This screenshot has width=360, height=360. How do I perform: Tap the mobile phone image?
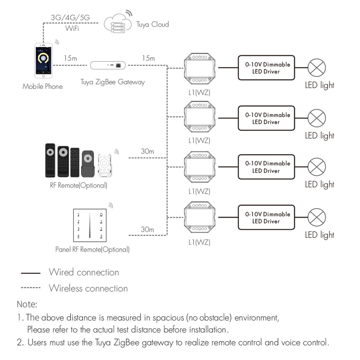[x=43, y=60]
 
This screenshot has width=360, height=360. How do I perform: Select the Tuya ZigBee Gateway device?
[x=108, y=65]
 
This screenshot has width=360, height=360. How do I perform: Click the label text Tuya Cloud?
[x=152, y=24]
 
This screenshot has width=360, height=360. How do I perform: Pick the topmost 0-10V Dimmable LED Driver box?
[x=266, y=68]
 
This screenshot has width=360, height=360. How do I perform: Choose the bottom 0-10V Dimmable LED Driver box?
[x=266, y=217]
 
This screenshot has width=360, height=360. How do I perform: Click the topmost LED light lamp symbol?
[x=317, y=68]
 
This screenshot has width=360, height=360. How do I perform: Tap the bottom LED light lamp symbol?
[x=317, y=217]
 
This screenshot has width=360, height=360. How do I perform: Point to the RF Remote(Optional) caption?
[x=78, y=186]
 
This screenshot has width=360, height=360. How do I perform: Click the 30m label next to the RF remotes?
[x=147, y=152]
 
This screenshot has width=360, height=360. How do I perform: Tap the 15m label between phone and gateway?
[x=70, y=58]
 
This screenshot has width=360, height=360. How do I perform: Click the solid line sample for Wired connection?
[x=31, y=273]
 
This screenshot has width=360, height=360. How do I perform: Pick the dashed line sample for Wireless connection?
[x=31, y=288]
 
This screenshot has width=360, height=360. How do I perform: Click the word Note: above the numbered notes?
[x=27, y=304]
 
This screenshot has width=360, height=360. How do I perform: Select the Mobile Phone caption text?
[x=42, y=86]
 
